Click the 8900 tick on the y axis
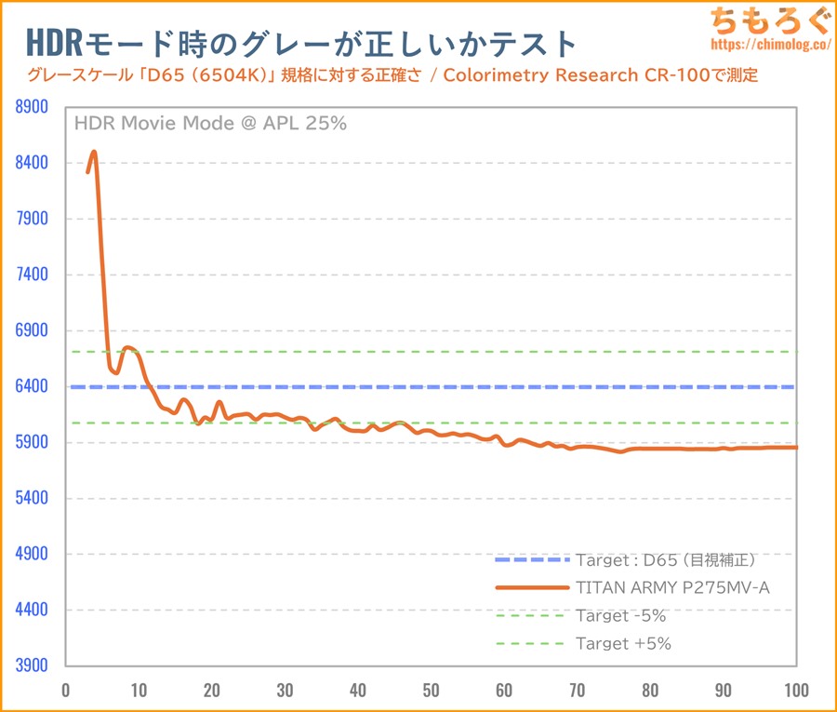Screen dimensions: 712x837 coord(32,107)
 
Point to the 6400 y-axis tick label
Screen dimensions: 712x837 coord(32,386)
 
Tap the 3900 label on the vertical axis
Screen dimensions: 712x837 coord(32,665)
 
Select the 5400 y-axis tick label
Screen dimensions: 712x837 coord(32,498)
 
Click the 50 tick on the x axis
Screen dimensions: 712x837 coord(431,691)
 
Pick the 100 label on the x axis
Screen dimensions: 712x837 coord(796,691)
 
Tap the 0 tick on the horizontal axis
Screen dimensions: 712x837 coord(65,691)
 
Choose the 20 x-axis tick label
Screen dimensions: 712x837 coord(211,691)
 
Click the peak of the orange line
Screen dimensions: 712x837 coord(94,152)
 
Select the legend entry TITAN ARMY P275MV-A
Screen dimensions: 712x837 coord(672,588)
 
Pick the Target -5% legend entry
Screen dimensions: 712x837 coord(620,616)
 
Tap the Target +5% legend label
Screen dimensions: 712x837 coord(623,644)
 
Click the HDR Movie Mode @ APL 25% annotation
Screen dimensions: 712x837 coord(209,123)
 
